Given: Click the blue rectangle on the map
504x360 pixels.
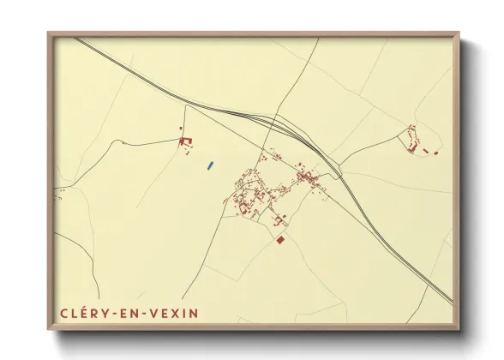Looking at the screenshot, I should (211, 165).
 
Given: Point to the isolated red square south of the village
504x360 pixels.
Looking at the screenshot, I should (279, 240).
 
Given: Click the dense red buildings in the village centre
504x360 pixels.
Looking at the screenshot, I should (305, 177).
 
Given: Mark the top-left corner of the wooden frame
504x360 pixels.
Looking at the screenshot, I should (49, 33).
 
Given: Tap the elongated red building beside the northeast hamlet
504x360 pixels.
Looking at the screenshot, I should (424, 149).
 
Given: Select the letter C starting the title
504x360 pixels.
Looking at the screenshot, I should (64, 313).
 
